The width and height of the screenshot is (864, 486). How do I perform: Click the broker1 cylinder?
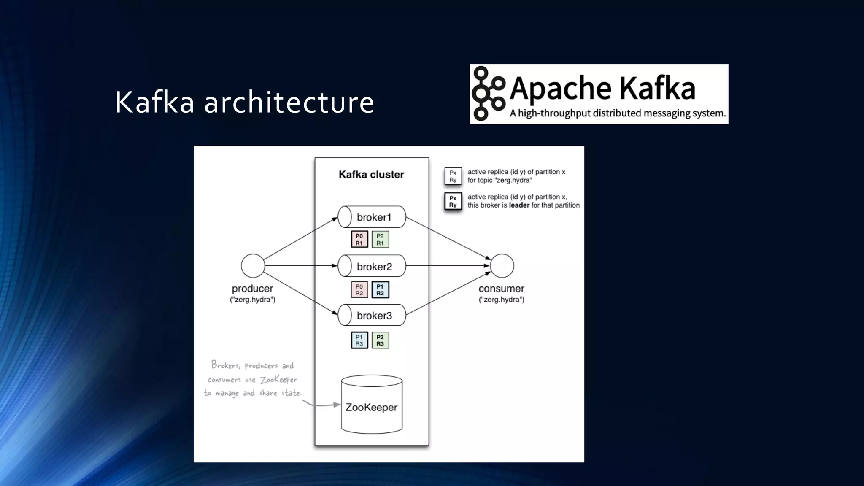(x=372, y=217)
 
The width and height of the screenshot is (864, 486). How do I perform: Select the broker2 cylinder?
(x=372, y=266)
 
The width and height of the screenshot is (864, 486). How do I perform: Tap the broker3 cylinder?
(x=372, y=315)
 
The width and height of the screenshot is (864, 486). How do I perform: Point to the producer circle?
(x=253, y=266)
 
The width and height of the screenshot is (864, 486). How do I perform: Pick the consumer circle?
(x=502, y=266)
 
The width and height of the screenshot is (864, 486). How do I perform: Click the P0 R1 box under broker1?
(x=359, y=239)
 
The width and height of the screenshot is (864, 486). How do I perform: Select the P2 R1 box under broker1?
(x=380, y=239)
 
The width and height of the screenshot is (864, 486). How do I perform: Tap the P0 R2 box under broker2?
(x=359, y=289)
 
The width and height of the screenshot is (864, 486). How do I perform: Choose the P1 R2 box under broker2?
(x=380, y=289)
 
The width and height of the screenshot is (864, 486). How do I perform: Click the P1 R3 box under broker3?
(x=359, y=340)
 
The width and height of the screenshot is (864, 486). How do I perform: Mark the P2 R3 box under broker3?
(x=380, y=340)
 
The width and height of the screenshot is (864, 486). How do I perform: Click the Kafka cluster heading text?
(x=371, y=174)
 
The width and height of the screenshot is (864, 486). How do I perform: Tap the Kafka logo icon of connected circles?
(x=488, y=94)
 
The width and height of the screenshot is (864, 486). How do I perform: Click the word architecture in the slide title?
(x=289, y=103)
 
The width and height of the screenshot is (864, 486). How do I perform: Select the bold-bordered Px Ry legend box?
(x=453, y=201)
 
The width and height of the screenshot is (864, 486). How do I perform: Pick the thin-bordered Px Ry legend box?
(x=453, y=176)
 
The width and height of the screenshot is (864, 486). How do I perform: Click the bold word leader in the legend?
(x=519, y=205)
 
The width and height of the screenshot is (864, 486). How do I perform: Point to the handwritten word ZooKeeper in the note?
(x=278, y=379)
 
